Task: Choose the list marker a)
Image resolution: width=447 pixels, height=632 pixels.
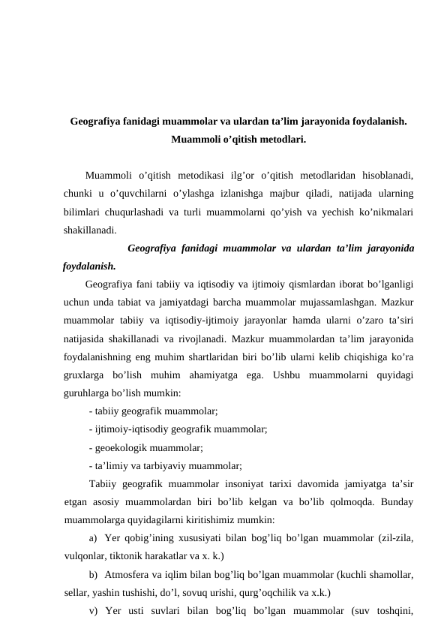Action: [x=93, y=537]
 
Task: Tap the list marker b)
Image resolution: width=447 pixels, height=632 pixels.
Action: [x=93, y=573]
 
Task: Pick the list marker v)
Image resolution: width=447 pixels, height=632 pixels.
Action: [x=93, y=609]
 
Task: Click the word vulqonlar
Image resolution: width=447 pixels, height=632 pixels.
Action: [x=84, y=555]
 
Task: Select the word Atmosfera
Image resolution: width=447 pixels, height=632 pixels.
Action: [x=129, y=573]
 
